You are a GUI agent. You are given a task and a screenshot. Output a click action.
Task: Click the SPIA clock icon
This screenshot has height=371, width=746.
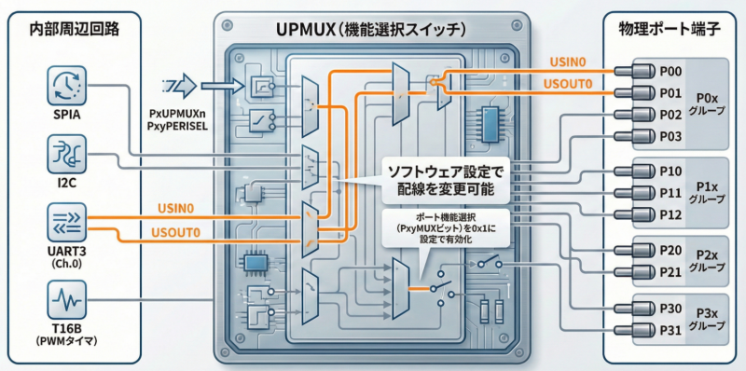pos(66,86)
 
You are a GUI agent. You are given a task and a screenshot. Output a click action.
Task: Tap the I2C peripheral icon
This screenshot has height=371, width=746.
pos(66,155)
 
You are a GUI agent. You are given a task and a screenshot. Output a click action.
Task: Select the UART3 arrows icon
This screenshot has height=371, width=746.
pos(66,223)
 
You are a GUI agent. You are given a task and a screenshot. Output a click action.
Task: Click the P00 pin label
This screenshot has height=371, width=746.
pos(670,72)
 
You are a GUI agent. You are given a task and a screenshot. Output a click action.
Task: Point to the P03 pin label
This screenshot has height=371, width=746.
pos(670,137)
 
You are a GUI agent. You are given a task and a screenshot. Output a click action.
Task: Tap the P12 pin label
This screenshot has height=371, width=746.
pos(670,215)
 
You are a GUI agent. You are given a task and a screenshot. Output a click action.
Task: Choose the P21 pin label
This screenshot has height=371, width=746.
pos(670,272)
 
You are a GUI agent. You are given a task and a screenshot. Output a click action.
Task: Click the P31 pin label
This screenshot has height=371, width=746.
pos(670,329)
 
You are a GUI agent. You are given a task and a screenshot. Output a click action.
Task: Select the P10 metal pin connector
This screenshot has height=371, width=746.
pos(634,172)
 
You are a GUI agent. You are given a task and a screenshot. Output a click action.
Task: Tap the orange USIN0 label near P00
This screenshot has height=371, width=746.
pos(567,62)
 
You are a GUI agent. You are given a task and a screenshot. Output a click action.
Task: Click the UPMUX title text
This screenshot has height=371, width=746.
pos(371,31)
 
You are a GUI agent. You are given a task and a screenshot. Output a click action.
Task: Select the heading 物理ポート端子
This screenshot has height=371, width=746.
pos(670,31)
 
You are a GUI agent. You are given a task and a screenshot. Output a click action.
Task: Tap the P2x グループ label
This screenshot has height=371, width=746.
pos(707,261)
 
